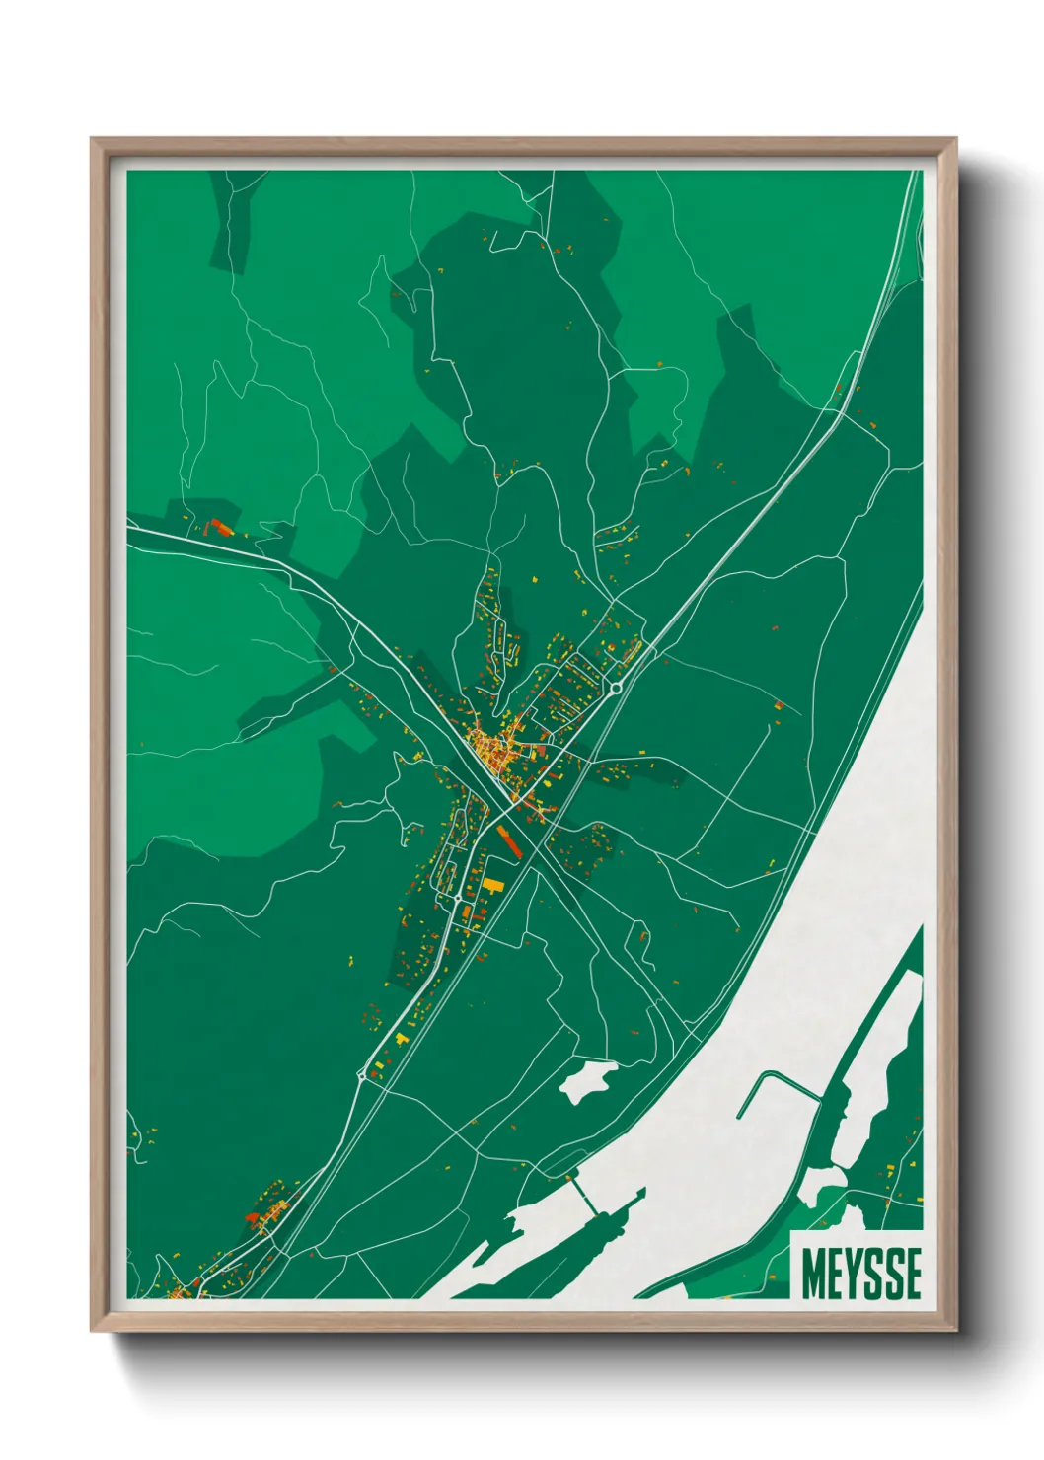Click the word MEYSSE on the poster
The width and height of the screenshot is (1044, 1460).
pos(860,1274)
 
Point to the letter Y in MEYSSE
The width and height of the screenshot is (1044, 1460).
pos(854,1274)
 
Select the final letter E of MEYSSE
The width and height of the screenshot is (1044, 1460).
pos(912,1274)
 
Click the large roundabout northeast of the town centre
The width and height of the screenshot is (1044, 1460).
pos(616,687)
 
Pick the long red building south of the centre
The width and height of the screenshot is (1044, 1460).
pos(511,843)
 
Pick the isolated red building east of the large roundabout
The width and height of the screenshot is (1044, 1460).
pos(780,705)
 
